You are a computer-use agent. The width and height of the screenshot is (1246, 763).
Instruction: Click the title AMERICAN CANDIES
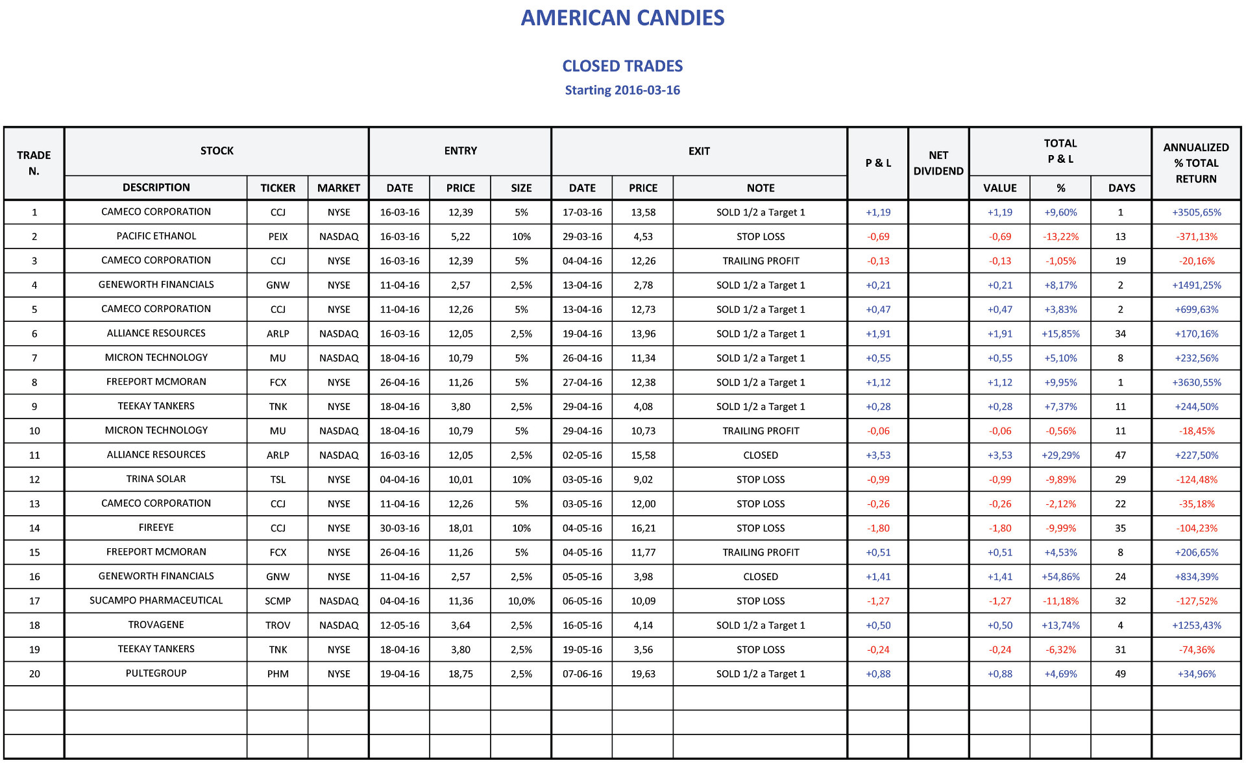click(622, 18)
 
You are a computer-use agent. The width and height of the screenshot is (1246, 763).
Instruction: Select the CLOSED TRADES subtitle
click(622, 66)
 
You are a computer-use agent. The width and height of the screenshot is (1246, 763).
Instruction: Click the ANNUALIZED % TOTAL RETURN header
click(1196, 163)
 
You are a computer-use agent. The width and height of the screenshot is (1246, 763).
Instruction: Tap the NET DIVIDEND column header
click(938, 163)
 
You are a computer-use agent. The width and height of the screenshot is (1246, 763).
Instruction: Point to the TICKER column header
click(278, 188)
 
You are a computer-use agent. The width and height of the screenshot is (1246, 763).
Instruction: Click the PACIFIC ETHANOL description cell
click(156, 236)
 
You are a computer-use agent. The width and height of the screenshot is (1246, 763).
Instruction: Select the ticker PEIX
click(278, 237)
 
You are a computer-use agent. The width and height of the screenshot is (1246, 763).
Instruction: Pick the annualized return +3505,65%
click(1196, 212)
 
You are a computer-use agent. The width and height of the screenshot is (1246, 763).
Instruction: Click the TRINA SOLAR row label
click(156, 479)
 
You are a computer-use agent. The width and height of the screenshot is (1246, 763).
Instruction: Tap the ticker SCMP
click(278, 601)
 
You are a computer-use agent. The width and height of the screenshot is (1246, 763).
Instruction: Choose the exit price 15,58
click(643, 455)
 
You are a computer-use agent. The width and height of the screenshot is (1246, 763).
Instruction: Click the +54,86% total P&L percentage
click(1060, 577)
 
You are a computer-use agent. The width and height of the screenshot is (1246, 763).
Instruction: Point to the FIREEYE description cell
click(156, 528)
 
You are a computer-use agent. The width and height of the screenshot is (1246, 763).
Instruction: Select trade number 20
click(34, 674)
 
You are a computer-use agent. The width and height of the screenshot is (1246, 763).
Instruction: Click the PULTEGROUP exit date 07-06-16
click(582, 674)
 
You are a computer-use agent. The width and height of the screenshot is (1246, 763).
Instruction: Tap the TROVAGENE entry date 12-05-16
click(400, 625)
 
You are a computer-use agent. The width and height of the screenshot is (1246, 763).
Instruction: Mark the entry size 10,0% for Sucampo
click(521, 601)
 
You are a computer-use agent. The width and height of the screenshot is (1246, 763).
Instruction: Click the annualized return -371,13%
click(1197, 237)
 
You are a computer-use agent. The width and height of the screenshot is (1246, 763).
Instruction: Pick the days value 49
click(1121, 674)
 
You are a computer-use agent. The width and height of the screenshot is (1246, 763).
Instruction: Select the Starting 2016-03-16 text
click(622, 90)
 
